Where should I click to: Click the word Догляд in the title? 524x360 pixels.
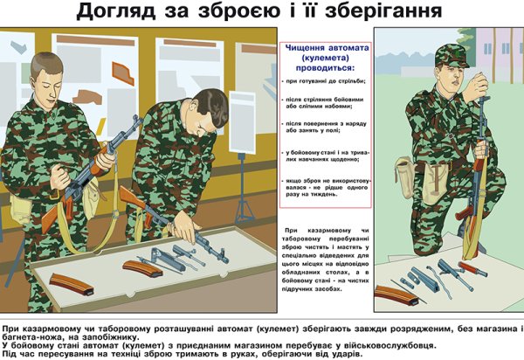point(117,12)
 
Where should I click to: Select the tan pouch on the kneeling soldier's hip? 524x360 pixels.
point(409,174)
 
